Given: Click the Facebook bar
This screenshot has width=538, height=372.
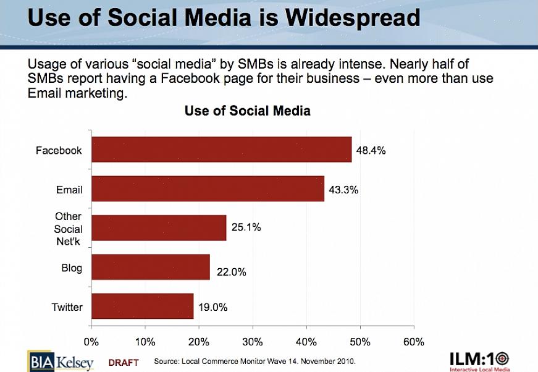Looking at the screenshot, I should click(221, 150).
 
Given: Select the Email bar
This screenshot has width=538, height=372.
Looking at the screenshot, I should click(208, 188).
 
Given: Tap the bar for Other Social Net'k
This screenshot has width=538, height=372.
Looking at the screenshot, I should click(159, 228).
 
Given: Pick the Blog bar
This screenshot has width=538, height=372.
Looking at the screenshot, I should click(150, 267).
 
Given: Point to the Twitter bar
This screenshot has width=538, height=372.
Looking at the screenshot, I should click(142, 306).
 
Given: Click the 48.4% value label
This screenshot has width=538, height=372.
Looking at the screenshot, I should click(371, 150).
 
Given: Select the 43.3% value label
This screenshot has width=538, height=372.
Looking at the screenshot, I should click(343, 190).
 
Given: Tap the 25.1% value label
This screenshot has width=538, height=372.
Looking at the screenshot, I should click(246, 227).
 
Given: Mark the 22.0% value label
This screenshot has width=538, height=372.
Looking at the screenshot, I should click(231, 272).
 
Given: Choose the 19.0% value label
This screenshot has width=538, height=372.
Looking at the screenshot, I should click(212, 306).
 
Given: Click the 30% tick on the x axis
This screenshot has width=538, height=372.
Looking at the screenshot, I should click(253, 342).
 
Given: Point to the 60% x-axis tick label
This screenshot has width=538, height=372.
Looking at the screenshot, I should click(413, 342).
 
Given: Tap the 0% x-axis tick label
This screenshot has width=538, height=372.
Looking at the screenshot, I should click(91, 342).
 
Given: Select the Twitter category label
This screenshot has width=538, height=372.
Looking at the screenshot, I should click(67, 306).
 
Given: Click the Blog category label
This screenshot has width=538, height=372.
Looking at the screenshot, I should click(72, 268).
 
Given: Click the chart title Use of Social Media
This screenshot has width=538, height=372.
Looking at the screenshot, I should click(247, 111).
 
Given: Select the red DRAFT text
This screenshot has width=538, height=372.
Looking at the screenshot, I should click(124, 362).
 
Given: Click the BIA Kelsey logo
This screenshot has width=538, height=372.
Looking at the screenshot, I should click(60, 361).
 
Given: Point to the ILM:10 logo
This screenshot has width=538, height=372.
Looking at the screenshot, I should click(479, 361).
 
